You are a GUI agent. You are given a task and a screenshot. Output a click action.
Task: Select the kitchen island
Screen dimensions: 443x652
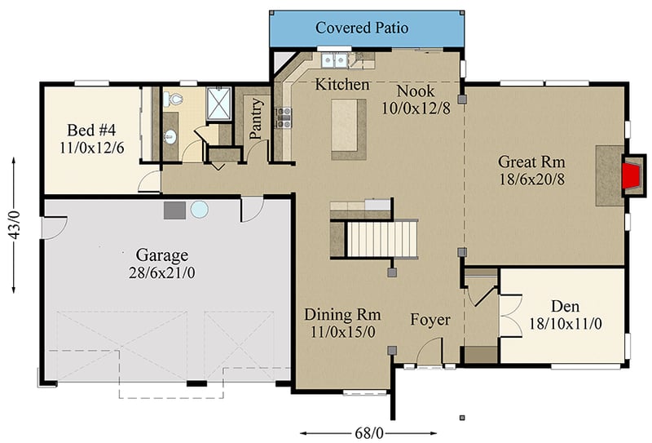tap(348, 129)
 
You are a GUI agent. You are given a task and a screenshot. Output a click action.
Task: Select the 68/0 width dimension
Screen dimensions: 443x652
tap(365, 432)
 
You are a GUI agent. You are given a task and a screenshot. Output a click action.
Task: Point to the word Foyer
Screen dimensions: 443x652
tap(430, 320)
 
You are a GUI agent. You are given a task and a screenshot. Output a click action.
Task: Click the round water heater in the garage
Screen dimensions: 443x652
tap(200, 210)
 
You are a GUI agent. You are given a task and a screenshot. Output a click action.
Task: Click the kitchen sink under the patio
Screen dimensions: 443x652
tap(335, 60)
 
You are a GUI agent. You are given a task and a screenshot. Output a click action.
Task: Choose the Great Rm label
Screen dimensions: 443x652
tap(531, 162)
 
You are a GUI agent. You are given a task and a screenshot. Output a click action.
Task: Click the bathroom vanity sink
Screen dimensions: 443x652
tap(171, 136)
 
